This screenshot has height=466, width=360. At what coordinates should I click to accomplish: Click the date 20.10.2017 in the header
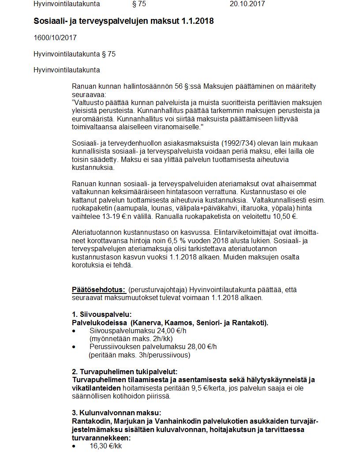pyautogui.click(x=247, y=4)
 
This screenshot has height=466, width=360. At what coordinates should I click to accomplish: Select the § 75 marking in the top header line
pyautogui.click(x=139, y=4)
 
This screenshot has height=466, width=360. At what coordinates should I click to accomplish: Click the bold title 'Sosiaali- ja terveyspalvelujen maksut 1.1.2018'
pyautogui.click(x=124, y=21)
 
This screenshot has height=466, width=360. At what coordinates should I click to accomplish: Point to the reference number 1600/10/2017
pyautogui.click(x=55, y=38)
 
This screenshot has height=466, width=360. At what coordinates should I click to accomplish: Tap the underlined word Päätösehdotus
pyautogui.click(x=99, y=290)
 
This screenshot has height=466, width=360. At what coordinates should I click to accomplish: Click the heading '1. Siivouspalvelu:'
pyautogui.click(x=101, y=315)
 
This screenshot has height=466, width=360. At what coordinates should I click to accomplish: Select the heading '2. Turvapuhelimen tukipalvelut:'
pyautogui.click(x=125, y=372)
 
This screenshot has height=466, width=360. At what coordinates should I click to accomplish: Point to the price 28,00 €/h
pyautogui.click(x=202, y=346)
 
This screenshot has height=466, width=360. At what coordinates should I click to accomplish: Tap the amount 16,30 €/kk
pyautogui.click(x=106, y=446)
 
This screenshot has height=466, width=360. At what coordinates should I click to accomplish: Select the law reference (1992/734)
pyautogui.click(x=227, y=143)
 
